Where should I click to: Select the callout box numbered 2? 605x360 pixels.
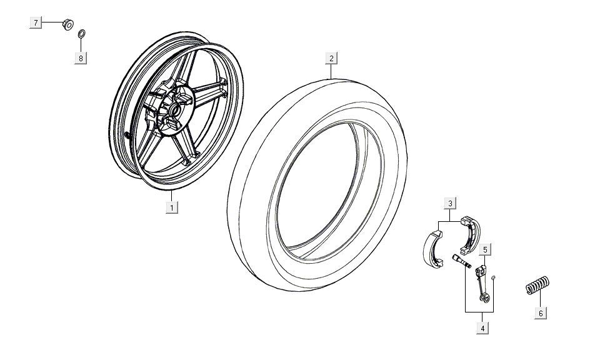coord(332,58)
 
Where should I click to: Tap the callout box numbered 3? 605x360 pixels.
coord(450,202)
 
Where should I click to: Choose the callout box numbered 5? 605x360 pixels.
coord(486,249)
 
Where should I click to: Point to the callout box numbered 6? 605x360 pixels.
coord(541,312)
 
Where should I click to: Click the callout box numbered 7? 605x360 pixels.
coord(36,23)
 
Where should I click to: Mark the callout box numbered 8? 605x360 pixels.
coord(81,57)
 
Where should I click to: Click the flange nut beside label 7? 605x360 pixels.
coord(66,24)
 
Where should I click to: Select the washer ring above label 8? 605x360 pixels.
coord(82,34)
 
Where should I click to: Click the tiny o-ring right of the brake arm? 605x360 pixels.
coord(493,277)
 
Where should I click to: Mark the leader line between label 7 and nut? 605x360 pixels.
coord(52,23)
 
